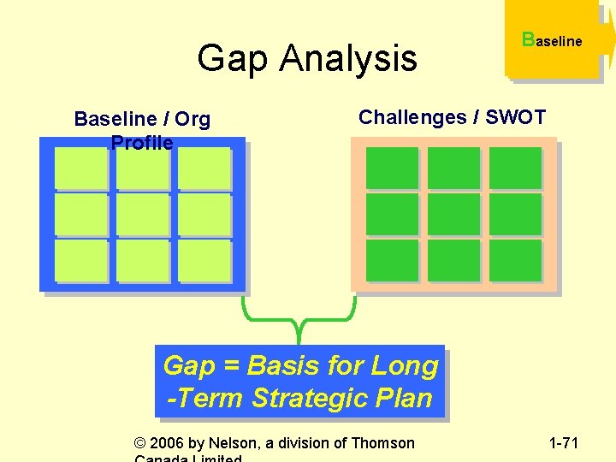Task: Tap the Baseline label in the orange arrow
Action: pyautogui.click(x=552, y=40)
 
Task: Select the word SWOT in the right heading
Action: pyautogui.click(x=515, y=117)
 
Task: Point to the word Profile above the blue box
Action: pyautogui.click(x=142, y=143)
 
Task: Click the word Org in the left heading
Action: pyautogui.click(x=192, y=119)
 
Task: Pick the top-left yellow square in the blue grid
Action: pyautogui.click(x=80, y=168)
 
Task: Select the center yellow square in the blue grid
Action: pyautogui.click(x=142, y=214)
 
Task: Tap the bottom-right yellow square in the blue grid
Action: pyautogui.click(x=204, y=260)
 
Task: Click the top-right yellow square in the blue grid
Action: pyautogui.click(x=204, y=168)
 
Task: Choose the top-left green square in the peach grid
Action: pyautogui.click(x=392, y=168)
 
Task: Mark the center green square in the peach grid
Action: pyautogui.click(x=453, y=214)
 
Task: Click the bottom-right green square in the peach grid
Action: pyautogui.click(x=515, y=260)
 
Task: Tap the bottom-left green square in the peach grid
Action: pyautogui.click(x=392, y=260)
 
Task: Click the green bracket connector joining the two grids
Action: pyautogui.click(x=299, y=325)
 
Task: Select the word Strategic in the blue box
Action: pyautogui.click(x=313, y=398)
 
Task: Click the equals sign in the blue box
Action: pyautogui.click(x=231, y=366)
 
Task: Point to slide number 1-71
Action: pyautogui.click(x=563, y=443)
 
